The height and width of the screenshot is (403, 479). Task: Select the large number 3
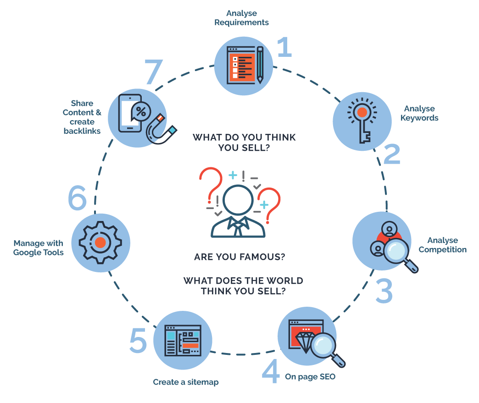pos(384,292)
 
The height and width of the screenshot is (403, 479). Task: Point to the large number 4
pos(271,372)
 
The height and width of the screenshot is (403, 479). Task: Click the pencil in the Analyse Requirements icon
pos(260,65)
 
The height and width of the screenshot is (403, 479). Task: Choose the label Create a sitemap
pos(186,382)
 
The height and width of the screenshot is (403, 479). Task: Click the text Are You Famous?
pos(239,257)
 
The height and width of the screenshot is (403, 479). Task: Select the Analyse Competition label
pos(443,245)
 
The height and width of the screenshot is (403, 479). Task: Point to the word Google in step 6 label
pos(28,253)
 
